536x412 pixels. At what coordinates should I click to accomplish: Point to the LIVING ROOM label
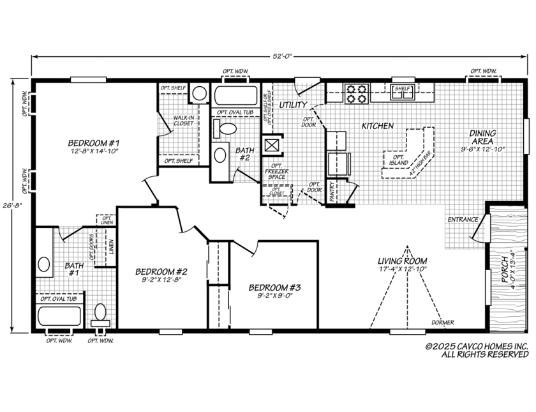pos(402,261)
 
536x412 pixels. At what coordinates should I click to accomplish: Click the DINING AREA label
pos(482,137)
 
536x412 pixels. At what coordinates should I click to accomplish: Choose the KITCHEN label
pos(378,126)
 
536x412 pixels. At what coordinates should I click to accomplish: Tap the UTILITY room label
pos(293,104)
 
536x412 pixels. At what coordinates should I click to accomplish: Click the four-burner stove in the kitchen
pos(356,94)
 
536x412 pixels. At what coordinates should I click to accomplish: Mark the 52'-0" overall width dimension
pos(280,56)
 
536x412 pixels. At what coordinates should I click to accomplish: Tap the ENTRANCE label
pos(463,220)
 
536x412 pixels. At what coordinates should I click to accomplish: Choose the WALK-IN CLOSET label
pos(183,121)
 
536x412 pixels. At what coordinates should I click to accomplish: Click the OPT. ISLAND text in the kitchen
pos(399,160)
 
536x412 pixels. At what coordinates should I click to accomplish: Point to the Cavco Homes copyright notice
pos(477,349)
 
